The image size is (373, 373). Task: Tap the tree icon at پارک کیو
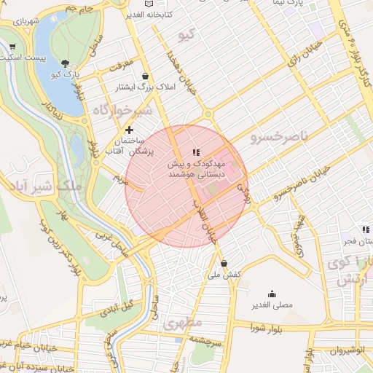tap(66, 63)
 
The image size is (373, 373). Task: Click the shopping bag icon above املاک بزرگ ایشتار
tap(146, 76)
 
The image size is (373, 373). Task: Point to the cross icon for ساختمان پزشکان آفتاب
tap(130, 130)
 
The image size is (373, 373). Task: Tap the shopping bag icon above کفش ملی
tap(223, 263)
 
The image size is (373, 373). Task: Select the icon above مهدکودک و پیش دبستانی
tap(195, 152)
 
